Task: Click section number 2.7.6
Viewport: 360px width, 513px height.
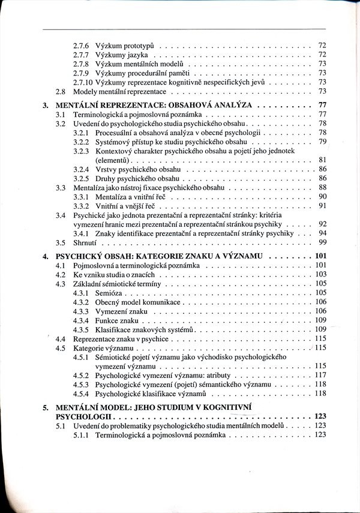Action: coord(81,46)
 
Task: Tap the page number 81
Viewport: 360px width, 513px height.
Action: coord(322,160)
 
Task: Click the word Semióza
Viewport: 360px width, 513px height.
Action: coord(109,292)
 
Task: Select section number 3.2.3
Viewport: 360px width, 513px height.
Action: coord(82,151)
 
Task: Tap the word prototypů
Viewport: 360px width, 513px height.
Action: coord(140,46)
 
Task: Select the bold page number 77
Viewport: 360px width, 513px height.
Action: coord(321,105)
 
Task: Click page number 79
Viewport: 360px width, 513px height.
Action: coord(322,142)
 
